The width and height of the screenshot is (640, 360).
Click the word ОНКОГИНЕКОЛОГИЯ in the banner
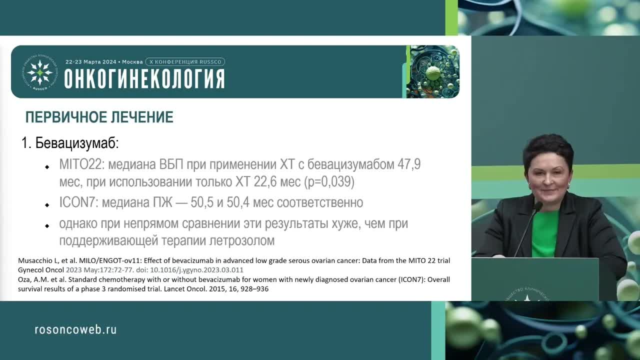point(144,79)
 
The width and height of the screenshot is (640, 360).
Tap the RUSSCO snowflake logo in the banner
point(39,72)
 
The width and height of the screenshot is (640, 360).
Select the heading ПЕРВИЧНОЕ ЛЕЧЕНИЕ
point(99,117)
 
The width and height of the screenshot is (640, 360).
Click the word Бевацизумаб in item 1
point(77,143)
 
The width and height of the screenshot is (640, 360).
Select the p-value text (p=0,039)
point(329,182)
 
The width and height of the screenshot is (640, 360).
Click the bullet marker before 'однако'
point(47,225)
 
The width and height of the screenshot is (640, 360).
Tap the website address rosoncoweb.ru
point(75,329)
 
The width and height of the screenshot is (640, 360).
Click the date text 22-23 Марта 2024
point(90,62)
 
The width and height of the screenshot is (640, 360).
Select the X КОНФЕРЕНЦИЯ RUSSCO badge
point(185,62)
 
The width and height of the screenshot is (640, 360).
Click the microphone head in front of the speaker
point(538,206)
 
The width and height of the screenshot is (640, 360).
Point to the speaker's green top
point(545,232)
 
